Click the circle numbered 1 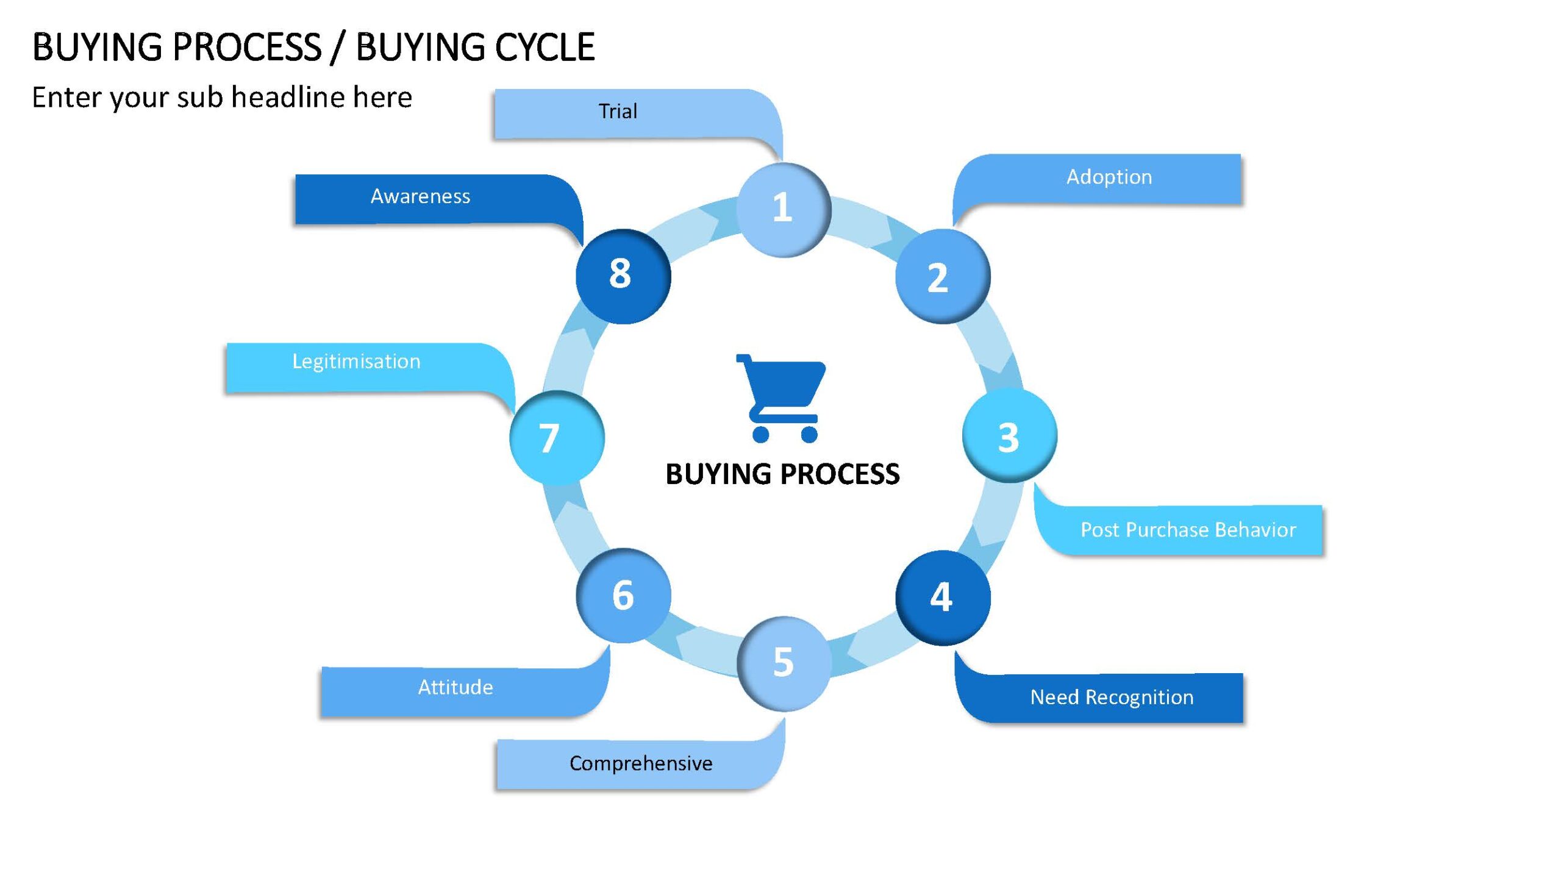pyautogui.click(x=784, y=209)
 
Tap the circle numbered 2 pyautogui.click(x=943, y=276)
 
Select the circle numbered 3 pyautogui.click(x=1010, y=436)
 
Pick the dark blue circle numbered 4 pyautogui.click(x=943, y=598)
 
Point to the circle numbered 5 pyautogui.click(x=784, y=663)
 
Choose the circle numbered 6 pyautogui.click(x=623, y=596)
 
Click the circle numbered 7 pyautogui.click(x=557, y=438)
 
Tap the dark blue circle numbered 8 pyautogui.click(x=623, y=276)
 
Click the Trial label pyautogui.click(x=618, y=112)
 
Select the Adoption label pyautogui.click(x=1109, y=177)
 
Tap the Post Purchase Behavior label pyautogui.click(x=1188, y=530)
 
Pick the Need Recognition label pyautogui.click(x=1112, y=698)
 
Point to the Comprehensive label pyautogui.click(x=641, y=764)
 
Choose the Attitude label pyautogui.click(x=455, y=688)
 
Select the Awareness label pyautogui.click(x=420, y=196)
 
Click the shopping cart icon pyautogui.click(x=781, y=398)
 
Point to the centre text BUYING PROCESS pyautogui.click(x=782, y=474)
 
